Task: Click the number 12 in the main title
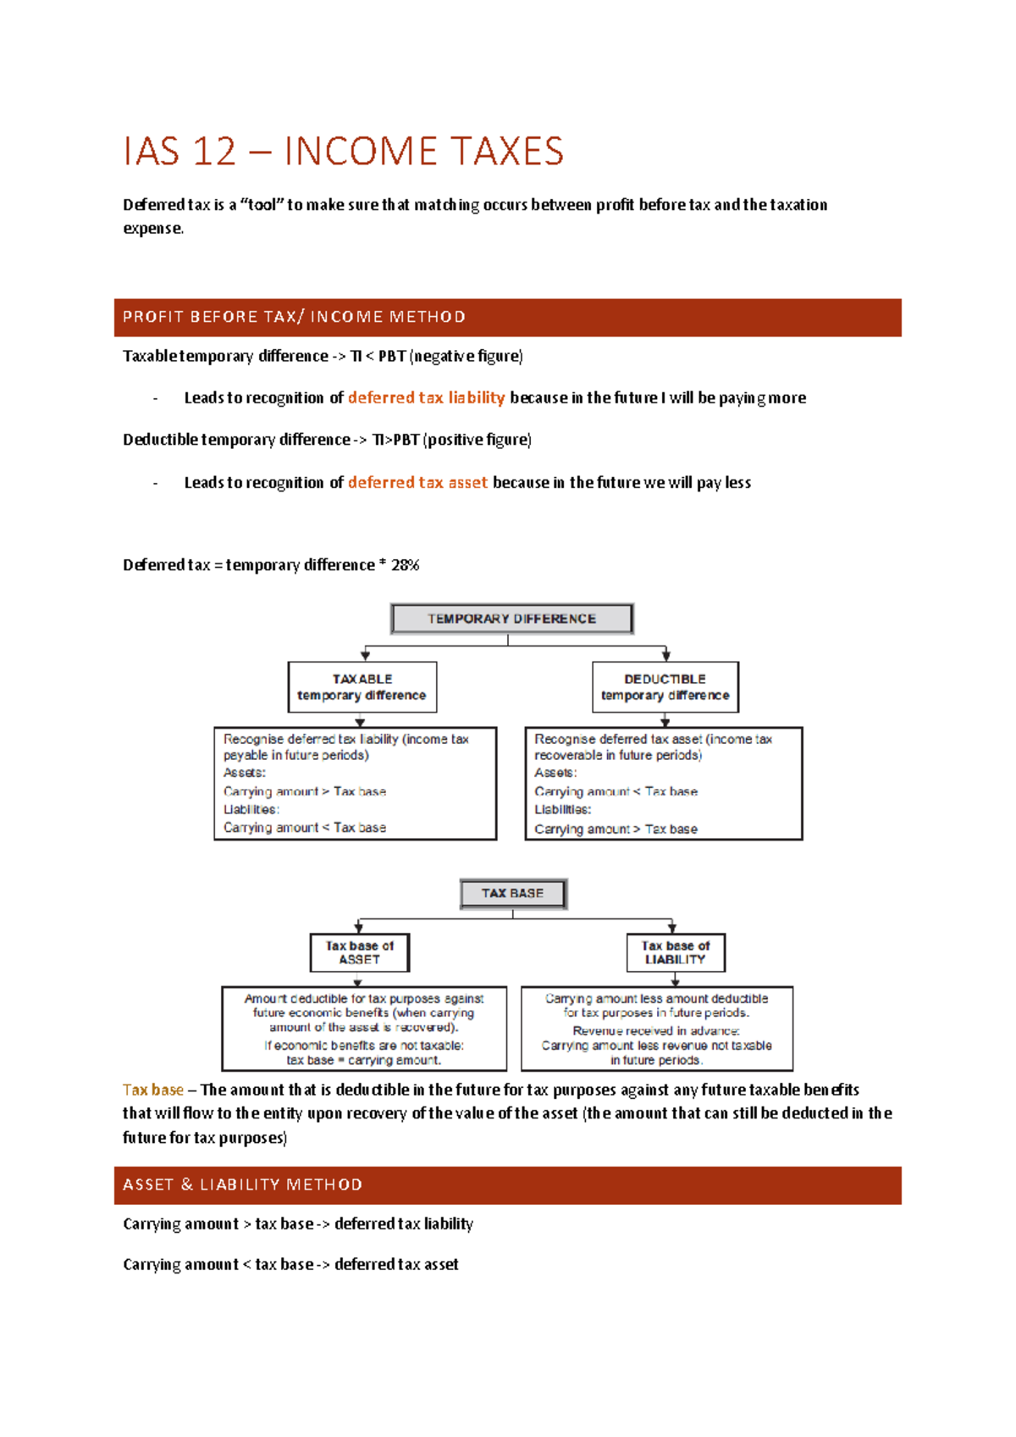point(214,152)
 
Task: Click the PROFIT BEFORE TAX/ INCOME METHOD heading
point(294,317)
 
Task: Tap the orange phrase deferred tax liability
point(426,397)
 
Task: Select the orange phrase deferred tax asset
point(417,482)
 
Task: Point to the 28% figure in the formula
point(405,565)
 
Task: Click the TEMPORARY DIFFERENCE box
point(511,619)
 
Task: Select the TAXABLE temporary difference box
point(362,687)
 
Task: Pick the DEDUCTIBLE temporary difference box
point(665,687)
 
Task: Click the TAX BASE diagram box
point(512,893)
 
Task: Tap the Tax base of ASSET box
point(359,952)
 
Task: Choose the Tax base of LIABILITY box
point(675,952)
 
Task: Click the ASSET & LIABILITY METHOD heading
point(242,1185)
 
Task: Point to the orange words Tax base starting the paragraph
point(152,1090)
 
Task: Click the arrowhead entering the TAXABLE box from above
point(365,656)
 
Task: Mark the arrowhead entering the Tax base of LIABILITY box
point(671,929)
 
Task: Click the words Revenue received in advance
point(656,1030)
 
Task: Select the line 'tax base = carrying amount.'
point(363,1060)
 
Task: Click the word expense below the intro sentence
point(152,228)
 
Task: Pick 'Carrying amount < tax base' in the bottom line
point(218,1264)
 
